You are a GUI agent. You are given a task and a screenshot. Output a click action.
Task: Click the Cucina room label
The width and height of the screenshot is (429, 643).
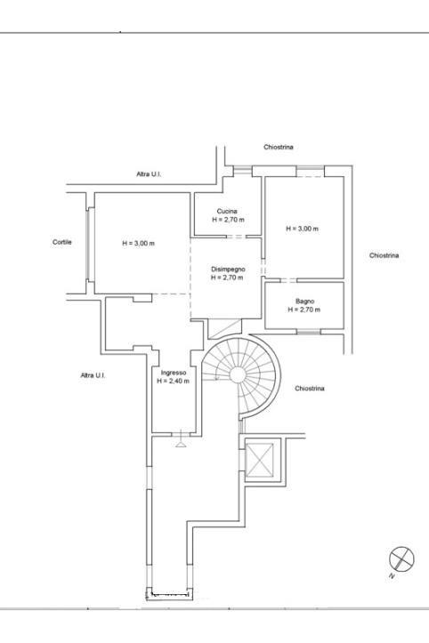pos(227,211)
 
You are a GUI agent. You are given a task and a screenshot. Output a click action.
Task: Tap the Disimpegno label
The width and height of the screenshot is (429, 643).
pos(228,269)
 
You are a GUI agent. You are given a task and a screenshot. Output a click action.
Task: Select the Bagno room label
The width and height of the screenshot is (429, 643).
pos(304,301)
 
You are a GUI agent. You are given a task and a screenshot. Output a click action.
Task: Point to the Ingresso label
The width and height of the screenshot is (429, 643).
pos(174,373)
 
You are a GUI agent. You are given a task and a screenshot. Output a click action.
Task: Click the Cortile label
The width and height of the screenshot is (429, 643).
pos(62,242)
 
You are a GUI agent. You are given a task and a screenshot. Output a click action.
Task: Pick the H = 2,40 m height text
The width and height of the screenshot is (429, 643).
pos(174,381)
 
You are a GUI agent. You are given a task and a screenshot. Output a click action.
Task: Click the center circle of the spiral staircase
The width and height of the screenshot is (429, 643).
pos(238,374)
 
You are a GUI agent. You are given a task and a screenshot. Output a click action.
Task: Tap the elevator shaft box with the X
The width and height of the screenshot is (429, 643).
pos(260,460)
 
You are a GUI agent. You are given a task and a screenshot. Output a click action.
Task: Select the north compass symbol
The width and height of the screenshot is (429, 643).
pos(401,559)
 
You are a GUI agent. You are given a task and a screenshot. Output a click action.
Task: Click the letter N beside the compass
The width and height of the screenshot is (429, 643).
pos(392,575)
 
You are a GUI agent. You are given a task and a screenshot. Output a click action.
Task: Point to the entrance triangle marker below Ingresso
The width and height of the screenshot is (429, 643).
pos(181,444)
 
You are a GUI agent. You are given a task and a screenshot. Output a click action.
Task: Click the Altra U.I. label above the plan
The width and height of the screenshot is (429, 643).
pos(149,174)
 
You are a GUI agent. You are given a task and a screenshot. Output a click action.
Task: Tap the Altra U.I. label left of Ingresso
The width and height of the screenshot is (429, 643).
pos(93,375)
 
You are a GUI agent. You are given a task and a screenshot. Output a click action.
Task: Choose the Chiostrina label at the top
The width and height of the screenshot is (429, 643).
pos(279,147)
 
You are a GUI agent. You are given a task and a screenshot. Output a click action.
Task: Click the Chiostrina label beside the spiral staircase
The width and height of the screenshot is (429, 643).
pos(310,389)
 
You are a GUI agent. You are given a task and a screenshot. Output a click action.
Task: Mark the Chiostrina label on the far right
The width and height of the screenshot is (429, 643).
pos(384,255)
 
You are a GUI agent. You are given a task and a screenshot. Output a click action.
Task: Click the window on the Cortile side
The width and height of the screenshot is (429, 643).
pos(90,245)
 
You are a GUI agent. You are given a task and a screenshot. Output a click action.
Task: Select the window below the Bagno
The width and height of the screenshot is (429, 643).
pos(308,332)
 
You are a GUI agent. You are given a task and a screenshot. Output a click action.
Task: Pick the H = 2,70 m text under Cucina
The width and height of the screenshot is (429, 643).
pos(228,220)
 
